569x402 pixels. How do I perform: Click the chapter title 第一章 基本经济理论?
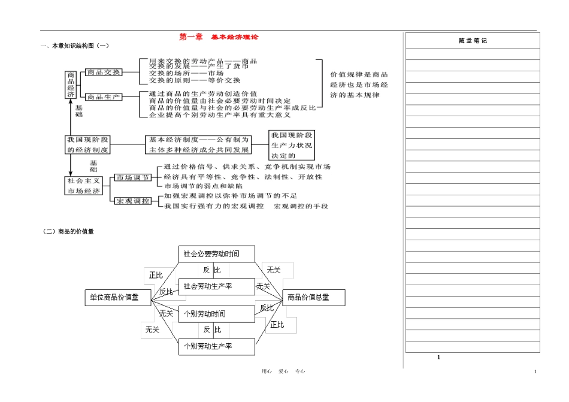tap(219, 37)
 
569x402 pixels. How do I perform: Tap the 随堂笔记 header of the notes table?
tap(473, 41)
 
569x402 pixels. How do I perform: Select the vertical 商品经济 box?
tap(71, 84)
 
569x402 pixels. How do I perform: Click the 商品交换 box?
tap(104, 72)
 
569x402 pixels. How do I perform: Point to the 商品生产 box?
tap(104, 96)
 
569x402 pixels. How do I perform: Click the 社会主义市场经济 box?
tap(84, 185)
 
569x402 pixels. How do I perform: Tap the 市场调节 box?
tap(133, 177)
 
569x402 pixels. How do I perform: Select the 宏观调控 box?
tap(133, 201)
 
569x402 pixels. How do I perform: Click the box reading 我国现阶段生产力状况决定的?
tap(291, 144)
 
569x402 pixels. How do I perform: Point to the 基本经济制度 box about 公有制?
tap(199, 144)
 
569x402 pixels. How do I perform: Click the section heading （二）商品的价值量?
tap(69, 232)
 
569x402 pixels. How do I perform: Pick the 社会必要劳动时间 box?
tap(217, 254)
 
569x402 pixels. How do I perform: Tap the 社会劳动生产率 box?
tap(217, 286)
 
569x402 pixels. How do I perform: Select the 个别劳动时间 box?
tap(217, 313)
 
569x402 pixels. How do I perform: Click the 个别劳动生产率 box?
tap(217, 346)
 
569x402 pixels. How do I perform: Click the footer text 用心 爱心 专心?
tap(284, 371)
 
